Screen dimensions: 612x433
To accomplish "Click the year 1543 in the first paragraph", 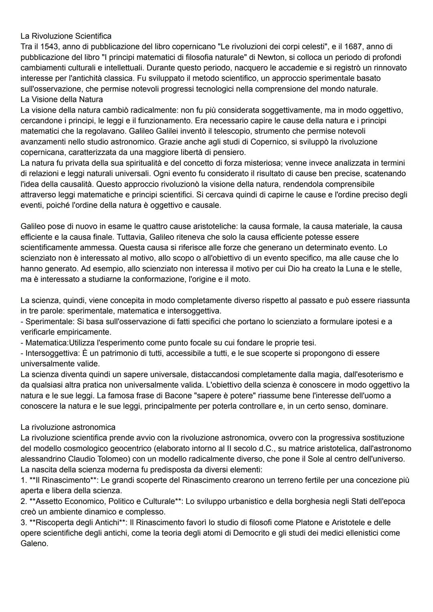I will click(45, 47).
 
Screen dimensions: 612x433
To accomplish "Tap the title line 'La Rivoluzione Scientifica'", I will click(66, 37).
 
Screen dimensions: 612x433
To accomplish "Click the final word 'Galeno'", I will click(34, 544).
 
